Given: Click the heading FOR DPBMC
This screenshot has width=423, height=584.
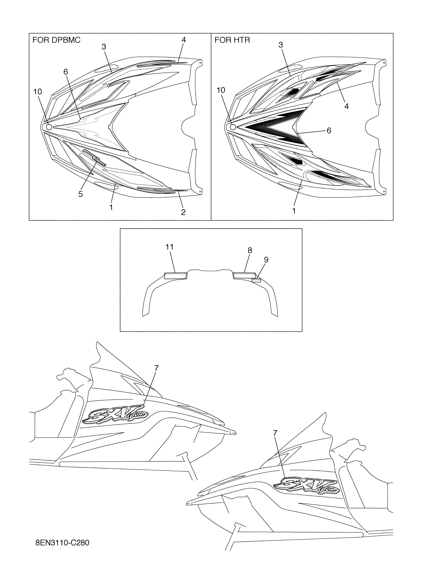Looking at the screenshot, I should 56,40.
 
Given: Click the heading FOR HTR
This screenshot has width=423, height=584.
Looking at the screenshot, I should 232,40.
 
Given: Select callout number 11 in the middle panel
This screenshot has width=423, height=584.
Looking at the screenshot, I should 169,247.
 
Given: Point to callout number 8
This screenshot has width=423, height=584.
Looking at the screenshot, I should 250,250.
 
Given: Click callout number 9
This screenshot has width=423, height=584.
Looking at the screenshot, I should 266,260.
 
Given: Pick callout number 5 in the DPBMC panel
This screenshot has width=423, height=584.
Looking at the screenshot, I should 81,194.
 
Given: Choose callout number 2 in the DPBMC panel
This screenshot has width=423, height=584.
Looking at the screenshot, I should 183,212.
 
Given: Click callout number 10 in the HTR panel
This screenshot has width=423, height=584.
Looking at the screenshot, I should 221,90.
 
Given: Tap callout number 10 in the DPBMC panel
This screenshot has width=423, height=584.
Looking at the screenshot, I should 38,92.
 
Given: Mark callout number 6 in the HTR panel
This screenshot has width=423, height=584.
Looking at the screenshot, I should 329,131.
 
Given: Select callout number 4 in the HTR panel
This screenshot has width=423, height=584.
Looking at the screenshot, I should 347,106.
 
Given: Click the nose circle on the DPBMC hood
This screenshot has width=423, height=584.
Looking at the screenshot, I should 49,127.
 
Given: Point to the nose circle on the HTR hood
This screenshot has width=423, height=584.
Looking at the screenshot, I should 233,127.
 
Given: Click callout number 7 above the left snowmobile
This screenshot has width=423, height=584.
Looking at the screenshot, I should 156,368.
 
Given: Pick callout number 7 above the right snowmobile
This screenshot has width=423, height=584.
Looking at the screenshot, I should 275,433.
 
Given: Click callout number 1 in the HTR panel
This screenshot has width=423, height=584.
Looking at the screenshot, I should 294,211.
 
